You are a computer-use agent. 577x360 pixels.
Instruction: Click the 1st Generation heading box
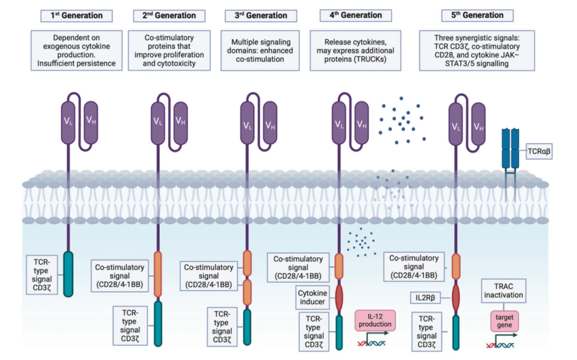(x=76, y=16)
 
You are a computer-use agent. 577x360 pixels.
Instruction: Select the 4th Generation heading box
(x=355, y=15)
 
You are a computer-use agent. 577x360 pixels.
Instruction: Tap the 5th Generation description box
(x=477, y=50)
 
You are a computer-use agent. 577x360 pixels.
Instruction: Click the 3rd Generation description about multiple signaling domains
(x=260, y=50)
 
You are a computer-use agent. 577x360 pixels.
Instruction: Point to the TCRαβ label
(x=539, y=151)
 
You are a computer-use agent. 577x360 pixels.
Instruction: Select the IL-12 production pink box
(x=376, y=320)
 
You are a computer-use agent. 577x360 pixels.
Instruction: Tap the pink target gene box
(x=504, y=321)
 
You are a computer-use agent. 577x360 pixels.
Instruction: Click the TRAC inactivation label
(x=503, y=291)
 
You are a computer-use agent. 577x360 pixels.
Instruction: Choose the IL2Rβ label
(x=425, y=298)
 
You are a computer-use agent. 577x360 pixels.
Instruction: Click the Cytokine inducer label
(x=313, y=297)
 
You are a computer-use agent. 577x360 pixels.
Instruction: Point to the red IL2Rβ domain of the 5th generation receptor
(x=456, y=297)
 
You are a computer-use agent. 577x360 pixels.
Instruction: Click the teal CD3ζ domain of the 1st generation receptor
(x=68, y=274)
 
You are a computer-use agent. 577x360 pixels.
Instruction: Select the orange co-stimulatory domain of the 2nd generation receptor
(x=158, y=274)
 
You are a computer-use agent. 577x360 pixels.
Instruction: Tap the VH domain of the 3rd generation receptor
(x=270, y=123)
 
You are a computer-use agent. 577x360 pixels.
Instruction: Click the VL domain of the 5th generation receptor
(x=456, y=123)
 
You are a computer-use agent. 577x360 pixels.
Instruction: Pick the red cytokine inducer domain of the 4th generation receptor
(x=339, y=297)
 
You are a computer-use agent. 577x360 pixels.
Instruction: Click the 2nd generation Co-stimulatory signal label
(x=120, y=276)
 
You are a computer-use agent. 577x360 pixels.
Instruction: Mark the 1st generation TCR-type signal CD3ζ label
(x=42, y=275)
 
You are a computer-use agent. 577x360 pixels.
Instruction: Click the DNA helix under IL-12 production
(x=372, y=343)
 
